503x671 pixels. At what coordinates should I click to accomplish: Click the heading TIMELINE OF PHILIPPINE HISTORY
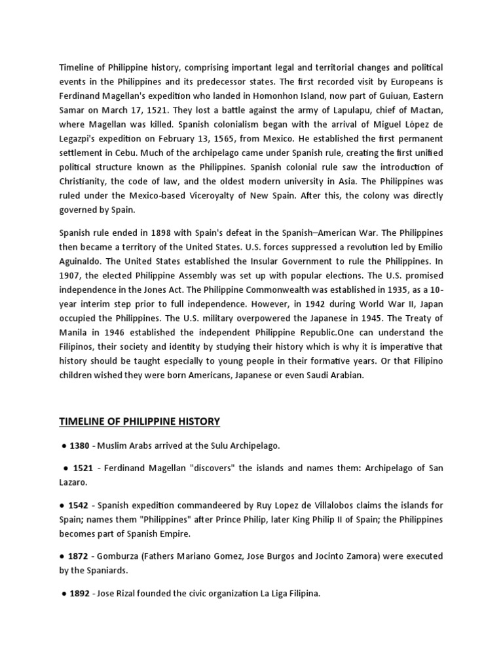(140, 421)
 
